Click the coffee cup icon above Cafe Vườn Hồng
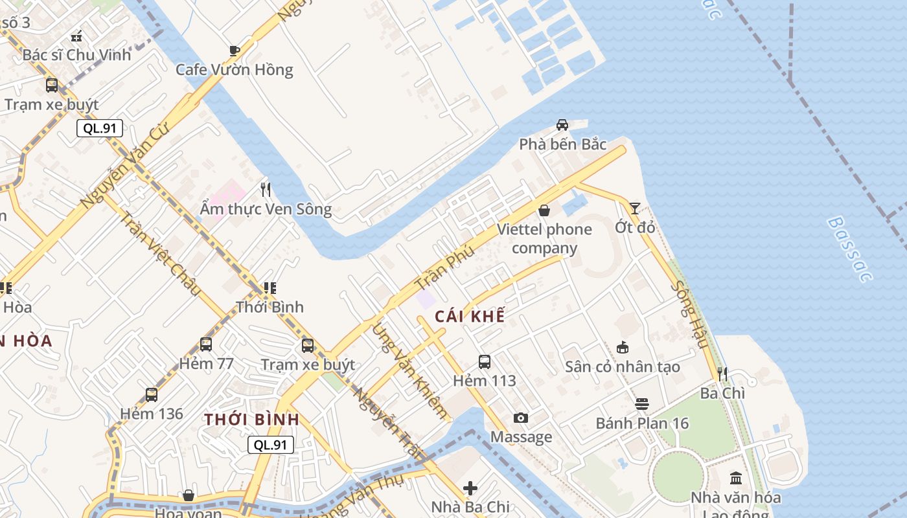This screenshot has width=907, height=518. click(x=235, y=51)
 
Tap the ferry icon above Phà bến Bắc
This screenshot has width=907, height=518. click(x=562, y=125)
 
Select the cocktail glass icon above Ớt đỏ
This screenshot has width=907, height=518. click(x=634, y=208)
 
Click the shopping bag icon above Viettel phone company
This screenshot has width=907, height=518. click(x=544, y=210)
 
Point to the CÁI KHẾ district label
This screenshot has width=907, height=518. click(x=470, y=316)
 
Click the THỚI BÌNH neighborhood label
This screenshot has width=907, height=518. click(x=252, y=420)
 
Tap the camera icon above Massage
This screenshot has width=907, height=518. click(x=521, y=418)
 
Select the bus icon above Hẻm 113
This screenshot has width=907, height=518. click(x=485, y=362)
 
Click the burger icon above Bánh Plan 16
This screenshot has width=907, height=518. click(x=642, y=404)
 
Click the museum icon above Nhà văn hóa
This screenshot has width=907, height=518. click(x=736, y=479)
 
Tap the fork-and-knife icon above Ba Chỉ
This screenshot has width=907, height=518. click(x=722, y=374)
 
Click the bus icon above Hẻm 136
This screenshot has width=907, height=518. click(x=152, y=394)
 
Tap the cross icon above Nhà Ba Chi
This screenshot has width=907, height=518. click(x=471, y=488)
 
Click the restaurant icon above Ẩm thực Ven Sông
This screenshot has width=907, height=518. click(x=266, y=189)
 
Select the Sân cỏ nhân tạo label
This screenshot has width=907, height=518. click(x=622, y=366)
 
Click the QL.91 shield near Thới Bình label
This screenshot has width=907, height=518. click(x=271, y=445)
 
